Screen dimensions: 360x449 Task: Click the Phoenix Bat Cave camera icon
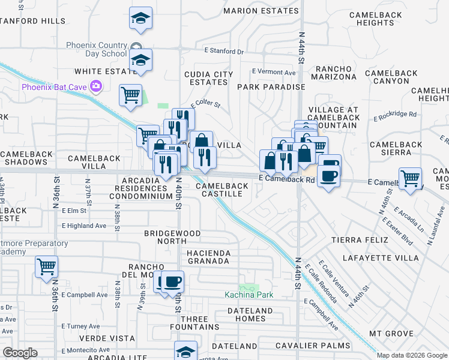pyautogui.click(x=95, y=87)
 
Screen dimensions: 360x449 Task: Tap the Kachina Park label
pyautogui.click(x=249, y=295)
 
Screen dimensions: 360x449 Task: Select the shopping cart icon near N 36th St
pyautogui.click(x=46, y=266)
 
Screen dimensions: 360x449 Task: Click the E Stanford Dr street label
pyautogui.click(x=224, y=51)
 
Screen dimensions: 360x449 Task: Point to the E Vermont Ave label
pyautogui.click(x=274, y=72)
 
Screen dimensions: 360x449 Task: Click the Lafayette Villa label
pyautogui.click(x=380, y=258)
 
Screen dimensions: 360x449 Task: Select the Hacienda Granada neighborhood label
pyautogui.click(x=208, y=257)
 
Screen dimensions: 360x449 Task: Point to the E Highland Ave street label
pyautogui.click(x=83, y=226)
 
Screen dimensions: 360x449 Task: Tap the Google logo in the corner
pyautogui.click(x=20, y=353)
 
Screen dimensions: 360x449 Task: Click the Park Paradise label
pyautogui.click(x=271, y=87)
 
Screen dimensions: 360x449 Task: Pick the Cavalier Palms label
pyautogui.click(x=312, y=346)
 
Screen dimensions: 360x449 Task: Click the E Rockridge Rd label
pyautogui.click(x=394, y=114)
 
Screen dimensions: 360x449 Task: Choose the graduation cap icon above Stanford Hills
pyautogui.click(x=140, y=19)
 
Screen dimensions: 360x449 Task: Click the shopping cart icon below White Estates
pyautogui.click(x=130, y=95)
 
